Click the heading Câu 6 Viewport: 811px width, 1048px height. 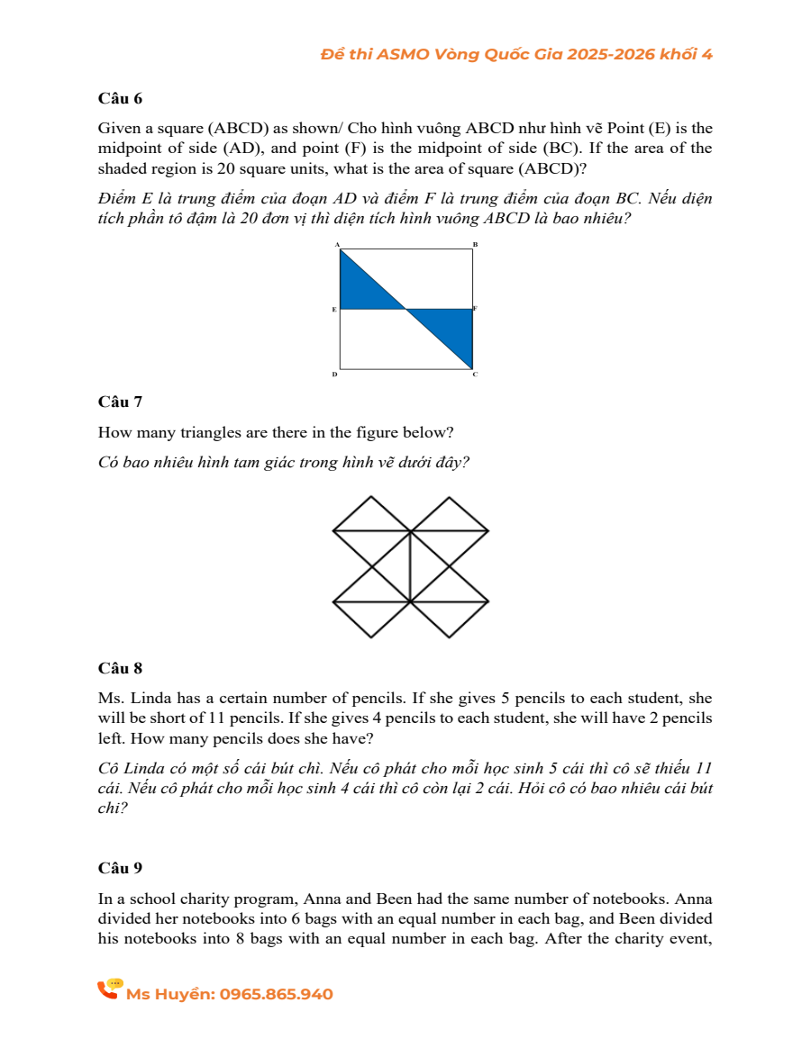click(120, 98)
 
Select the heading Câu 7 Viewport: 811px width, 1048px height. click(120, 402)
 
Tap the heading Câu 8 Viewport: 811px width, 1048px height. click(120, 668)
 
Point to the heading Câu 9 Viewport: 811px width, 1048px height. click(120, 868)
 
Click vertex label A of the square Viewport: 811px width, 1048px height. click(337, 245)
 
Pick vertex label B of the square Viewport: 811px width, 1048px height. click(475, 245)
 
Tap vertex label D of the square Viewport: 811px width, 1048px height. click(335, 374)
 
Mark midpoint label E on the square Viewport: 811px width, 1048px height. click(334, 310)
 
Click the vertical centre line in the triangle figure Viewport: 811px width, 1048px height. click(410, 567)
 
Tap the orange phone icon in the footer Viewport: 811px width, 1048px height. click(109, 989)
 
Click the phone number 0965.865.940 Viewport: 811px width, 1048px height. click(276, 994)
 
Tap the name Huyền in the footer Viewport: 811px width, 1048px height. click(189, 994)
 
